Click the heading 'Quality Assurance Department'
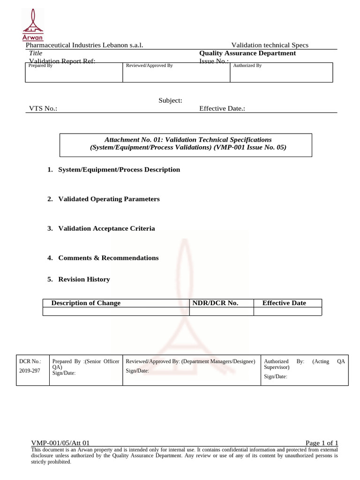coord(247,53)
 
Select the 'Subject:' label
coord(170,100)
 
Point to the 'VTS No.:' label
coord(43,108)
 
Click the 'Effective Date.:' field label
coord(222,108)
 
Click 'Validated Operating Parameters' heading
coord(109,199)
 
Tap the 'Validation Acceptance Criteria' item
coord(106,229)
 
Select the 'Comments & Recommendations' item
coord(108,258)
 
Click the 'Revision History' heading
coord(84,279)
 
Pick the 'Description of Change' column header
coord(86,303)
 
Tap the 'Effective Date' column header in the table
coord(284,303)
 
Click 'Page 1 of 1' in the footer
coord(322,443)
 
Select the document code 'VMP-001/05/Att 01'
coord(60,443)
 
